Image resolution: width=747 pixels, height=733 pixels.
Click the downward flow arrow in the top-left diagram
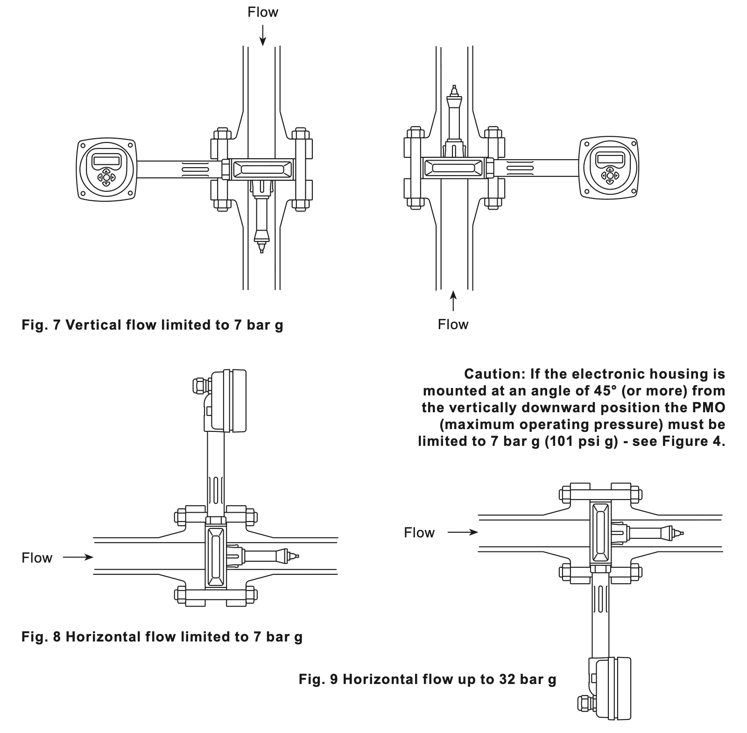pyautogui.click(x=263, y=35)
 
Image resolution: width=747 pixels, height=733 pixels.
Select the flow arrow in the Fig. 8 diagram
pyautogui.click(x=78, y=557)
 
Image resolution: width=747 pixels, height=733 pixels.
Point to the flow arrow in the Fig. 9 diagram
pyautogui.click(x=463, y=532)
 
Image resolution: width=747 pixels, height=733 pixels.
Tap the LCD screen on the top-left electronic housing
pyautogui.click(x=107, y=160)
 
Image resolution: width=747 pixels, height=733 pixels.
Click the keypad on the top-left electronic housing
pyautogui.click(x=106, y=177)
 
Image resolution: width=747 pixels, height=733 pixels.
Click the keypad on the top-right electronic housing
pyautogui.click(x=609, y=176)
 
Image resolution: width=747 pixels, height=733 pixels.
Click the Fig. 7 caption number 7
pyautogui.click(x=57, y=325)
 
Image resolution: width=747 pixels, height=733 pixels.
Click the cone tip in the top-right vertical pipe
pyautogui.click(x=453, y=88)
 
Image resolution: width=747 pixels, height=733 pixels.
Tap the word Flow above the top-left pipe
pyautogui.click(x=263, y=12)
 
